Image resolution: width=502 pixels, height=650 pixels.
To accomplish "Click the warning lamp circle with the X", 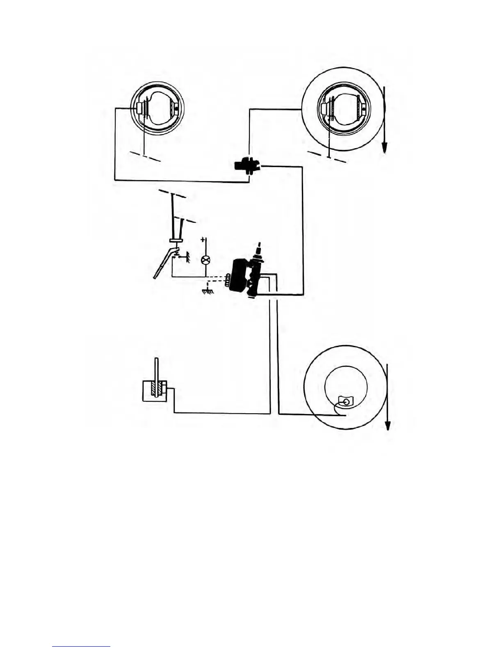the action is pos(206,259).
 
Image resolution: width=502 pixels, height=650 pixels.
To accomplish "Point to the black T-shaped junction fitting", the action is pos(245,166).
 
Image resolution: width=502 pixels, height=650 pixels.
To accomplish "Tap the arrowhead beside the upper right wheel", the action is pos(385,147).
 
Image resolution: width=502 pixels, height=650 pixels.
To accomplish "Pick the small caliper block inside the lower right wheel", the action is pos(345,401).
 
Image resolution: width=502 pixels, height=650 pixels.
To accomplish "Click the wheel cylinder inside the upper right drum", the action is pos(327,109).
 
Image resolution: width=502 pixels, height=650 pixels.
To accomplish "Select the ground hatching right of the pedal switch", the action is pos(187,257).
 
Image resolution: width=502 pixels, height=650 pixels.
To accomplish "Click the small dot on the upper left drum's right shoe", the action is pos(176,108).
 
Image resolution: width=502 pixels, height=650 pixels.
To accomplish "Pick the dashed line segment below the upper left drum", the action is pos(146,156).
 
